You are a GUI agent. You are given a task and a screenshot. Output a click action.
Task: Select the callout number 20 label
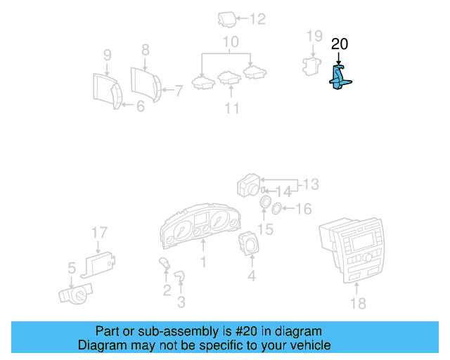[340, 44]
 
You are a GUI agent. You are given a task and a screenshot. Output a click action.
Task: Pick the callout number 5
[71, 267]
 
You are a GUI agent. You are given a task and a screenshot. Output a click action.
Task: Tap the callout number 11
[232, 108]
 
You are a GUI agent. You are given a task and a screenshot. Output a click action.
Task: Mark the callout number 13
[310, 184]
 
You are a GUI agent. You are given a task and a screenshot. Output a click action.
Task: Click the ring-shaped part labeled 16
[278, 208]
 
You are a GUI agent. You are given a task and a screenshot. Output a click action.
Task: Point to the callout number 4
[251, 276]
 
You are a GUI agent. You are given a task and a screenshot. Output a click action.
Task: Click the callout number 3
[181, 302]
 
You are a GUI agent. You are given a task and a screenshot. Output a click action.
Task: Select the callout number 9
[108, 54]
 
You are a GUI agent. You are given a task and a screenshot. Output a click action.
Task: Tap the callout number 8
[146, 50]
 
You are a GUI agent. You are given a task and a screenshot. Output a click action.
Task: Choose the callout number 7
[179, 90]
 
